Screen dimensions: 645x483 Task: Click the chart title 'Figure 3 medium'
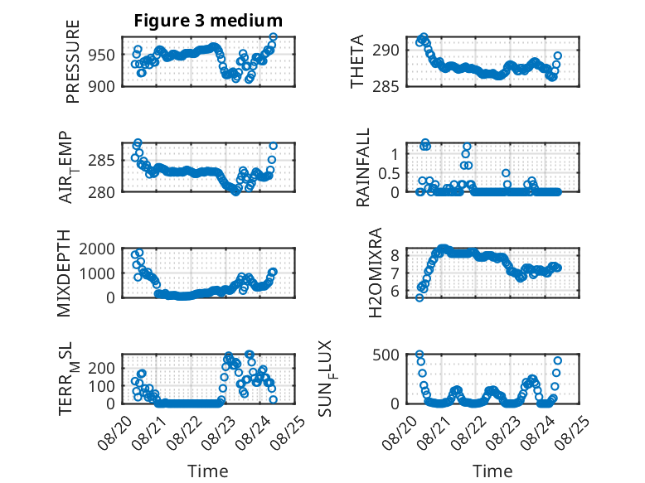coord(208,20)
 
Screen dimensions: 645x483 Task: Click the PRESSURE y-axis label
coord(72,61)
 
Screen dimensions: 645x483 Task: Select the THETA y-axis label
coord(357,61)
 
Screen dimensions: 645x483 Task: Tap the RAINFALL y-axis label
coord(363,167)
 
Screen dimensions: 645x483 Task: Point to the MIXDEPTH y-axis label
coord(64,273)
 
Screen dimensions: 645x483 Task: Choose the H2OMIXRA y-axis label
coord(376,273)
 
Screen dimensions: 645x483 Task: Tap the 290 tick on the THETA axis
coord(386,51)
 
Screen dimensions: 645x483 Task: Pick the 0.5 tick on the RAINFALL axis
coord(389,173)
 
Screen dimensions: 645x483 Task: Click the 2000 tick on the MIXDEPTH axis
coord(97,249)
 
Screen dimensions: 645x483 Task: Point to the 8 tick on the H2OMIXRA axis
coord(395,255)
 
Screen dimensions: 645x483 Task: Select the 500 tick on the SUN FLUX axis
coord(386,355)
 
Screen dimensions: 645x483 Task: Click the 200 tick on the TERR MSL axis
coord(102,368)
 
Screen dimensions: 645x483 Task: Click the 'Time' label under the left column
coord(208,471)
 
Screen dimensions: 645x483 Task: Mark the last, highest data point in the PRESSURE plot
coord(273,37)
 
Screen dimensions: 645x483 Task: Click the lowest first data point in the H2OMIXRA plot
coord(419,298)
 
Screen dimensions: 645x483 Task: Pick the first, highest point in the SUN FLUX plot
coord(419,355)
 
